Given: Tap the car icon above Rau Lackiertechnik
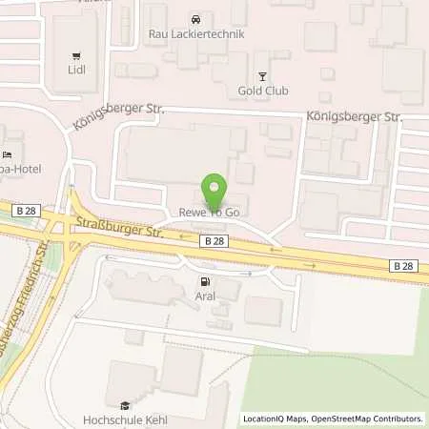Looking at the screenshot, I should coord(194,19).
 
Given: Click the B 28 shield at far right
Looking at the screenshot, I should coord(402,267).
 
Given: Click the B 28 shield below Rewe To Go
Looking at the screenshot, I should coord(214,243).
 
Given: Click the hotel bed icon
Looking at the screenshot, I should coord(8,155).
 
